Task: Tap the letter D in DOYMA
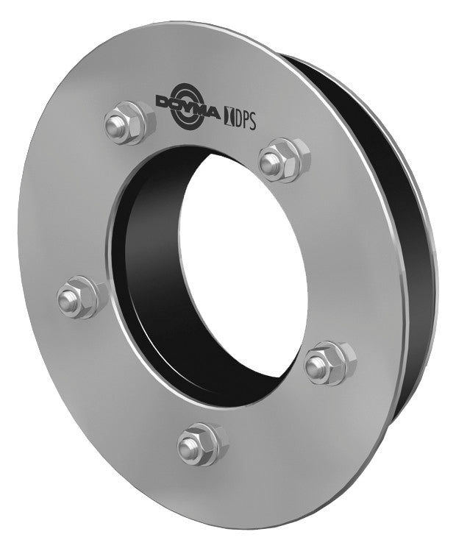[x=165, y=102]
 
